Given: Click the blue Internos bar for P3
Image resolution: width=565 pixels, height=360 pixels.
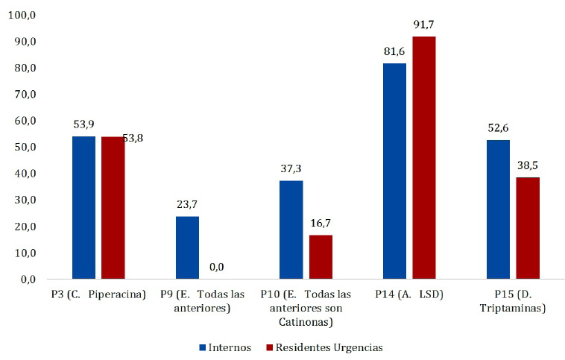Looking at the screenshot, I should [x=83, y=207].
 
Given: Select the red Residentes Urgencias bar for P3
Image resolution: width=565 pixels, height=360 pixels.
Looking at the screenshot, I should [x=113, y=207].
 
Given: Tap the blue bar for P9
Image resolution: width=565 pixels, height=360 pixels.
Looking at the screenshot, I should [x=187, y=247].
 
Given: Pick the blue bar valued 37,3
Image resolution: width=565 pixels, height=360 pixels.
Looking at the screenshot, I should [x=291, y=230].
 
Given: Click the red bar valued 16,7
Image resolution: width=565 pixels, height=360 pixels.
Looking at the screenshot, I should [x=321, y=256].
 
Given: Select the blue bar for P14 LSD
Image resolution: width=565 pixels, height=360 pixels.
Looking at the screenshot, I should [x=394, y=171].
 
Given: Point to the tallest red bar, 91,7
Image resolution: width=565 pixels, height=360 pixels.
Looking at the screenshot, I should [x=424, y=157].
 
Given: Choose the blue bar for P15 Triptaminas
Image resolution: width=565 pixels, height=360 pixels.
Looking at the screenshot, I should [x=498, y=209].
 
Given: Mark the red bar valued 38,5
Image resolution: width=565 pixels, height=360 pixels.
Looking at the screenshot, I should [x=528, y=228].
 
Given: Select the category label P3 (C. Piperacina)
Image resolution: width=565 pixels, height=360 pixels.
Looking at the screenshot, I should [x=98, y=294].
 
